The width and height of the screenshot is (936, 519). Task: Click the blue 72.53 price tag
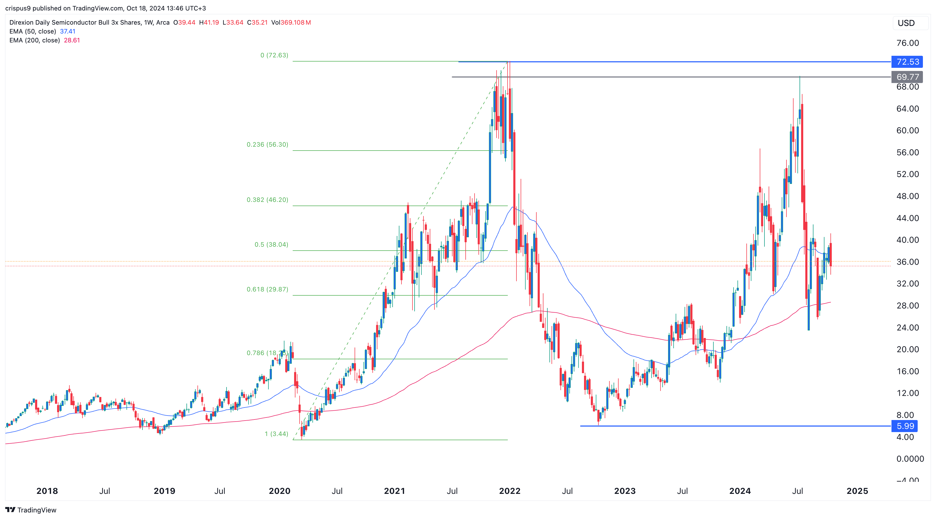click(907, 62)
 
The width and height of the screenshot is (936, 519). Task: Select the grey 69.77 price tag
click(907, 77)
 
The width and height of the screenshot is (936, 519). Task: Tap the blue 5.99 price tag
click(905, 426)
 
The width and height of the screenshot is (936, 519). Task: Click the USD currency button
click(906, 23)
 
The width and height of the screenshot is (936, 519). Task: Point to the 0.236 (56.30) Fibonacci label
click(267, 145)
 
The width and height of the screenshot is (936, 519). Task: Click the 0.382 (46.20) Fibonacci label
click(267, 200)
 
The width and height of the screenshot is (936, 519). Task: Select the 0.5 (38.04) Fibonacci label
click(271, 244)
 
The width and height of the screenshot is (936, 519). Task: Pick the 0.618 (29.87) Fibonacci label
click(267, 289)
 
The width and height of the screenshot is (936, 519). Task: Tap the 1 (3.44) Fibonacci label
click(276, 434)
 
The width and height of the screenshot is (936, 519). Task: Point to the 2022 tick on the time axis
click(509, 491)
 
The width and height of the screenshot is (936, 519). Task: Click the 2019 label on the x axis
click(164, 491)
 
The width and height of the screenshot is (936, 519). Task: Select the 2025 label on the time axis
click(857, 491)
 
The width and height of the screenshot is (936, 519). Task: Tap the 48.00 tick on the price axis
click(907, 196)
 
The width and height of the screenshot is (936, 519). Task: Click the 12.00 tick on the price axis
click(907, 393)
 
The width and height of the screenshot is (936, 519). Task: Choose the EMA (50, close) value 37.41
click(68, 31)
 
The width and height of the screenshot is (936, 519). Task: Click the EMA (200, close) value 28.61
click(71, 40)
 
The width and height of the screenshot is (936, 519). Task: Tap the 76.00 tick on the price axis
click(907, 43)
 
